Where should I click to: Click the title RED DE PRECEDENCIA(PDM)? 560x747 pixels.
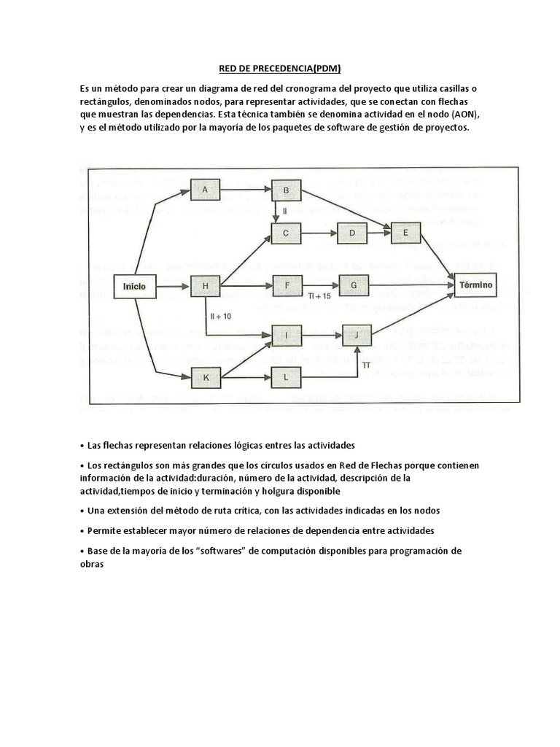[x=280, y=69]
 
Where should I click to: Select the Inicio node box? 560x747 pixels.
[x=134, y=286]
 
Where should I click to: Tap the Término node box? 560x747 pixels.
[x=475, y=285]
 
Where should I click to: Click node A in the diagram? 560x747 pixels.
[x=206, y=190]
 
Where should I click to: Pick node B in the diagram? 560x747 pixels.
[x=286, y=191]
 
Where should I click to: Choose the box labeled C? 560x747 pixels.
[x=286, y=233]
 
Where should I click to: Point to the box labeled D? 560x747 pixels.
[x=352, y=233]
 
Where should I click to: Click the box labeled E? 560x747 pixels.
[x=406, y=233]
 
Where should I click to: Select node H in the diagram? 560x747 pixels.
[x=206, y=286]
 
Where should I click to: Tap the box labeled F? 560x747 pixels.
[x=287, y=285]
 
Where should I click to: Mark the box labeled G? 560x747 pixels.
[x=354, y=285]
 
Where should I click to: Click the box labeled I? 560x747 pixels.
[x=287, y=336]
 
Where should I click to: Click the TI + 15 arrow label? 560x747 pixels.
[x=319, y=297]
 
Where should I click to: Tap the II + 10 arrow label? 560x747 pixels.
[x=220, y=317]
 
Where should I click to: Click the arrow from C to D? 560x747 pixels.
[x=319, y=233]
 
